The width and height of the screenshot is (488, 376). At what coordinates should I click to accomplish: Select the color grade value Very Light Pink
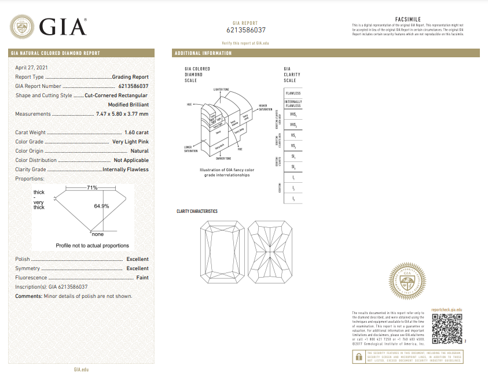pos(130,142)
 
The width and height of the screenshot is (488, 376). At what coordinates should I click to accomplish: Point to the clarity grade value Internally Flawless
pos(126,169)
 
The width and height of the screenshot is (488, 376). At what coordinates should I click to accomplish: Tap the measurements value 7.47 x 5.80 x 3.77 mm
pos(122,114)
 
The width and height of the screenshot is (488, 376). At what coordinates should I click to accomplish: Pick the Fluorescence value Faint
pos(142,278)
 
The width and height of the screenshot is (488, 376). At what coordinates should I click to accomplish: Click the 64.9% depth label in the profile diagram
pos(102,206)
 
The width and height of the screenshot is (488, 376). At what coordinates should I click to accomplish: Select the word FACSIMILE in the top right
pos(408,19)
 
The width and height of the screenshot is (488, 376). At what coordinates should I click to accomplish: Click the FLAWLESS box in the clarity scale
pos(293,93)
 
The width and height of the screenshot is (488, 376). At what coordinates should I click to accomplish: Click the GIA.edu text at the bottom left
pos(80,369)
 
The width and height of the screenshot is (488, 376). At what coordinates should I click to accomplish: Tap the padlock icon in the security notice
pos(359,357)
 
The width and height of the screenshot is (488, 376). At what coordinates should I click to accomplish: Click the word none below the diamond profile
pos(98,234)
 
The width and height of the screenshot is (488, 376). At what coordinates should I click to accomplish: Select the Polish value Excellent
pos(137,259)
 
